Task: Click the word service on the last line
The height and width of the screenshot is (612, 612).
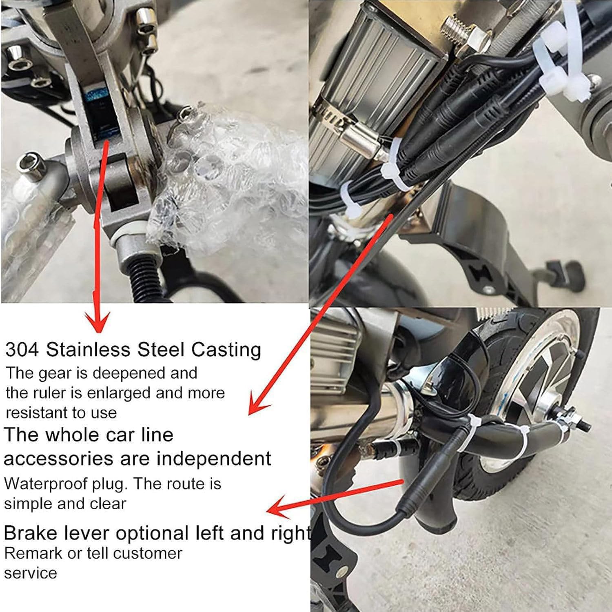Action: [31, 573]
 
